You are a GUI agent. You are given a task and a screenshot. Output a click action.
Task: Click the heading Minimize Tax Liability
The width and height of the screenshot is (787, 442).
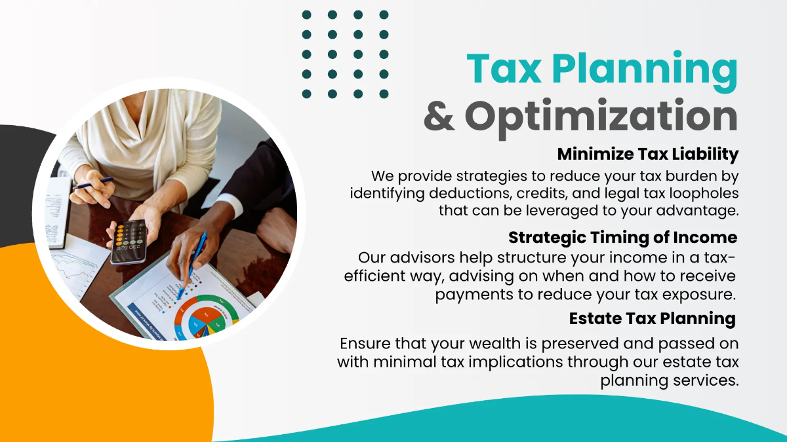[648, 155]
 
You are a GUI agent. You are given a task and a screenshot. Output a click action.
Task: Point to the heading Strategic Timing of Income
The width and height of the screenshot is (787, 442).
[622, 237]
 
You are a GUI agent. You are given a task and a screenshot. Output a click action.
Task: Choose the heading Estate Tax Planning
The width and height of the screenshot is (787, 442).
[652, 319]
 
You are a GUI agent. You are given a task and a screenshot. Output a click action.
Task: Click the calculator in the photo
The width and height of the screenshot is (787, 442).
[128, 240]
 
